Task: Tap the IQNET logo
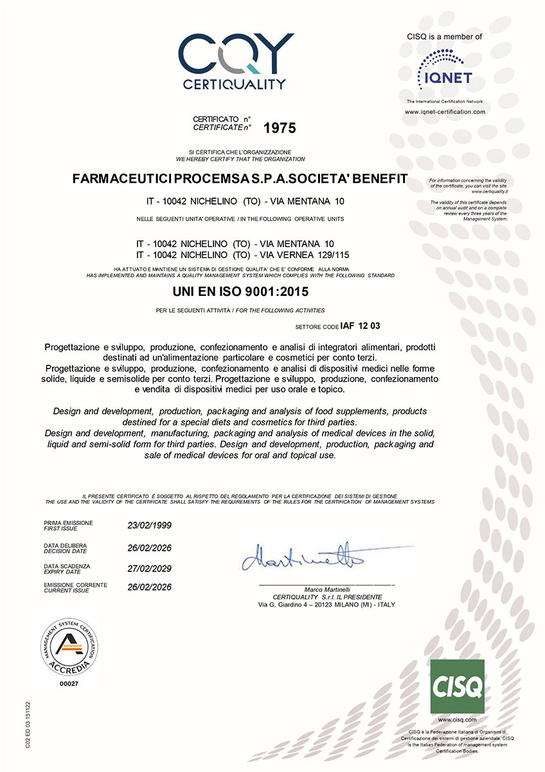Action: coord(444,69)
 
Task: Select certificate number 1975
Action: coord(280,128)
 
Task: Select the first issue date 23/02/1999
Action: coord(150,526)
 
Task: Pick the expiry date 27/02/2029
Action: coord(150,569)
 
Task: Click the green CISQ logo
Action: coord(456,686)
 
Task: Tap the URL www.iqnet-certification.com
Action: coord(444,112)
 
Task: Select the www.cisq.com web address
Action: coord(456,719)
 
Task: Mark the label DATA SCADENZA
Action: coord(67,566)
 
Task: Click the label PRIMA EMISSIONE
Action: coord(68,522)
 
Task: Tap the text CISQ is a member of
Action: coord(444,37)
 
